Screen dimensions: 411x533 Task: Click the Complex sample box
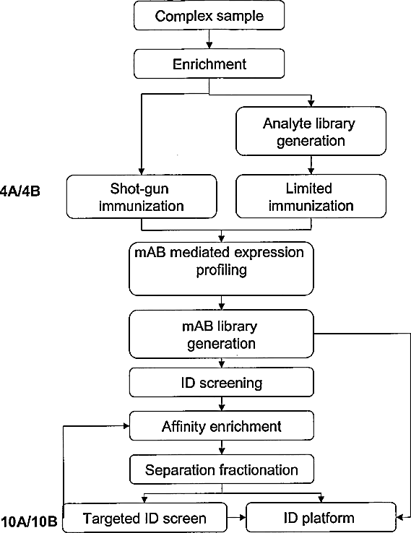pyautogui.click(x=209, y=16)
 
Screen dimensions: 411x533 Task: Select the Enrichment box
pyautogui.click(x=209, y=64)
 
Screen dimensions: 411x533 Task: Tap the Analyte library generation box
pyautogui.click(x=311, y=131)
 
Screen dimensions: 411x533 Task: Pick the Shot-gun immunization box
pyautogui.click(x=142, y=196)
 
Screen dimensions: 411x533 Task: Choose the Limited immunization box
pyautogui.click(x=311, y=196)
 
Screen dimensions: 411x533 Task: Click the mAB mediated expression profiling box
pyautogui.click(x=221, y=269)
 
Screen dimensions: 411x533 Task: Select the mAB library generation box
pyautogui.click(x=221, y=334)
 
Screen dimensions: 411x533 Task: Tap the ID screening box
pyautogui.click(x=221, y=382)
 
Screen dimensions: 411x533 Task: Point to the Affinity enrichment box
pyautogui.click(x=222, y=426)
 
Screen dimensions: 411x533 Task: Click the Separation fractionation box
pyautogui.click(x=222, y=469)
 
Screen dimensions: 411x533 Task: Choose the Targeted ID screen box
pyautogui.click(x=145, y=518)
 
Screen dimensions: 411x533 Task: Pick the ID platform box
pyautogui.click(x=321, y=517)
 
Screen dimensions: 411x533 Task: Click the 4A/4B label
pyautogui.click(x=20, y=191)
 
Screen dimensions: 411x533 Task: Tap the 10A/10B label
pyautogui.click(x=29, y=521)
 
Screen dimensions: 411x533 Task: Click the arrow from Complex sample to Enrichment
pyautogui.click(x=209, y=40)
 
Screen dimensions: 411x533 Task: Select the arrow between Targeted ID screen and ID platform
pyautogui.click(x=236, y=518)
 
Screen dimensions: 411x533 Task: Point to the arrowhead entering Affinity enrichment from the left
pyautogui.click(x=126, y=425)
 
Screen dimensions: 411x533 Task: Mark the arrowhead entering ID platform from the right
pyautogui.click(x=399, y=517)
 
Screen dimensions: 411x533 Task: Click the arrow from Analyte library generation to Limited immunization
pyautogui.click(x=311, y=165)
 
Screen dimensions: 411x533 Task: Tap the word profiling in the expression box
pyautogui.click(x=221, y=271)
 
